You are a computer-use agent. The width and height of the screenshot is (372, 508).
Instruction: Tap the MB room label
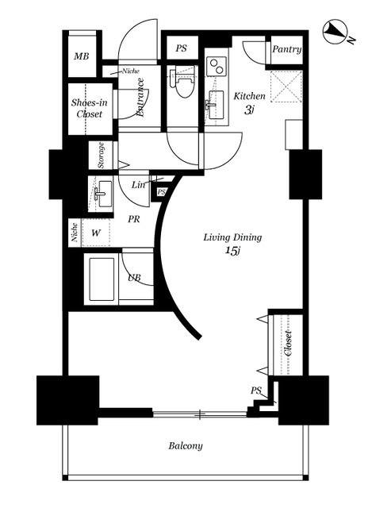(x=81, y=56)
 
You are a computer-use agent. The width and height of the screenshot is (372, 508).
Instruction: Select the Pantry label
(x=286, y=49)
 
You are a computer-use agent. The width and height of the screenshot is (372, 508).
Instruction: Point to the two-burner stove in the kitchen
(x=215, y=66)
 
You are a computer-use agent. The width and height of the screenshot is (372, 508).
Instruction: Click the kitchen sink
(x=217, y=105)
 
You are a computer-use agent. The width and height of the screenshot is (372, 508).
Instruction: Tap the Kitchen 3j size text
(x=248, y=110)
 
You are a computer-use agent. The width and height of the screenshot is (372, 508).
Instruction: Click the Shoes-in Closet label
(x=89, y=108)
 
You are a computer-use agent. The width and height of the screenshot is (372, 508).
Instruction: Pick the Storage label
(x=101, y=156)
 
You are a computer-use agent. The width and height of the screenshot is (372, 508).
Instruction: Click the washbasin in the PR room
(x=103, y=194)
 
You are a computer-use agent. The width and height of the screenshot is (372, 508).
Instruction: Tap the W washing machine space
(x=95, y=233)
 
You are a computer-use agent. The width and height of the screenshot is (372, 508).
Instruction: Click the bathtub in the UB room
(x=102, y=279)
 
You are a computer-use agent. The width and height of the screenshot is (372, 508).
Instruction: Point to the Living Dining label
(x=232, y=237)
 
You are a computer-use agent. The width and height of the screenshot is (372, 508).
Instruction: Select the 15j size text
(x=232, y=251)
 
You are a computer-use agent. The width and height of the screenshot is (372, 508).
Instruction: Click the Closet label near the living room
(x=287, y=344)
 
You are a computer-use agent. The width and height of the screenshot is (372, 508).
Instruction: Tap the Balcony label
(x=186, y=446)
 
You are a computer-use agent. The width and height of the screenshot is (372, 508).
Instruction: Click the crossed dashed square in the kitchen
(x=286, y=87)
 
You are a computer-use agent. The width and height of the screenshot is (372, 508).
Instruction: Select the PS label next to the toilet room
(x=182, y=48)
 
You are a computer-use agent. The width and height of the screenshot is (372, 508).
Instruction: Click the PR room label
(x=134, y=219)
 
